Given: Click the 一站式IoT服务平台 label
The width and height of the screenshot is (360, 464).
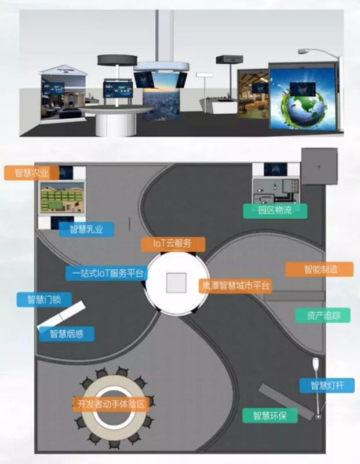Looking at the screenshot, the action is point(105,272).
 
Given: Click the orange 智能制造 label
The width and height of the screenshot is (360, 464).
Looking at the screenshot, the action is point(320,269).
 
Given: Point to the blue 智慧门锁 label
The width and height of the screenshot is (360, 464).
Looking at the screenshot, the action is point(48,300).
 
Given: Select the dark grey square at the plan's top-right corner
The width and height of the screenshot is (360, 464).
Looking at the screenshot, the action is point(318,166).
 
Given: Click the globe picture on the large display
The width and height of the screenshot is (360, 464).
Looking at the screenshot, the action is point(302,101).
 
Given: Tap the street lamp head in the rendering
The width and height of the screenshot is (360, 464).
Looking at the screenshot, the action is point(304,51).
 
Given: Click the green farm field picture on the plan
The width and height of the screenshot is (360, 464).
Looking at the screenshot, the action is point(61,197).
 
